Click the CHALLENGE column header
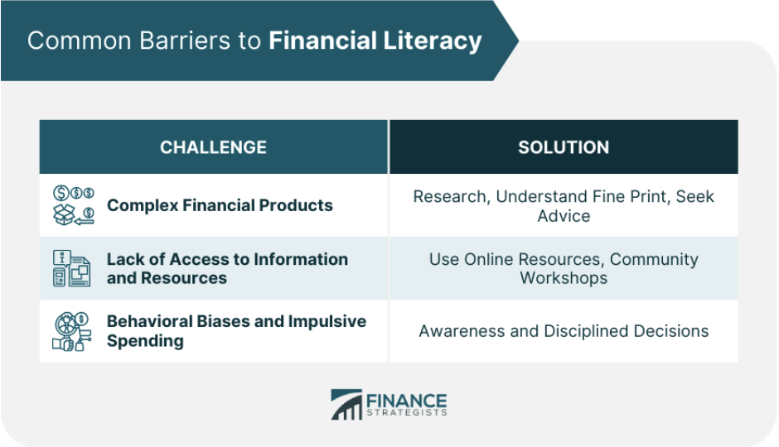pyautogui.click(x=213, y=147)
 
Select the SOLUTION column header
pyautogui.click(x=564, y=147)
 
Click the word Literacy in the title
pyautogui.click(x=436, y=41)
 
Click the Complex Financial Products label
pyautogui.click(x=220, y=205)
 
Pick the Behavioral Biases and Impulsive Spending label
pyautogui.click(x=236, y=330)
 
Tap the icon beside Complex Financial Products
pyautogui.click(x=73, y=205)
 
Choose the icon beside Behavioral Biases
pyautogui.click(x=73, y=331)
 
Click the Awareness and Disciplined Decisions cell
pyautogui.click(x=564, y=331)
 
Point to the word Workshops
pyautogui.click(x=564, y=278)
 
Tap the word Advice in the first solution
pyautogui.click(x=564, y=216)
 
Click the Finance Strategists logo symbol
pyautogui.click(x=346, y=404)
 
